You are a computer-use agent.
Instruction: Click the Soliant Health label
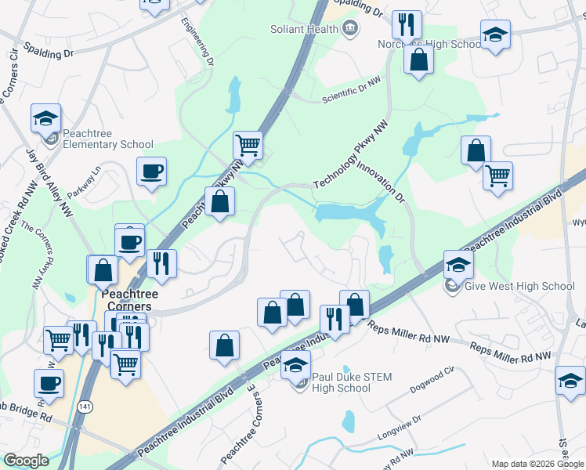coord(304,29)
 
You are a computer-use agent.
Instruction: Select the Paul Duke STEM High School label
coord(342,382)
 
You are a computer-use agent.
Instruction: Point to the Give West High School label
coord(519,286)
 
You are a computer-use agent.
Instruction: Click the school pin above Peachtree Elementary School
coord(45,118)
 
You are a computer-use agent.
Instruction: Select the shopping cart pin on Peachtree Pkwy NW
coord(248,144)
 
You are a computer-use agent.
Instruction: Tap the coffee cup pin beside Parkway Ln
coord(151,170)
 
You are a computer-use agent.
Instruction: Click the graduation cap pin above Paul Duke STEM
coord(296,364)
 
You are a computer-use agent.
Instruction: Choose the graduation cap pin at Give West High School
coord(458,264)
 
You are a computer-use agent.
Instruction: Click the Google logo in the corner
coord(26,461)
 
